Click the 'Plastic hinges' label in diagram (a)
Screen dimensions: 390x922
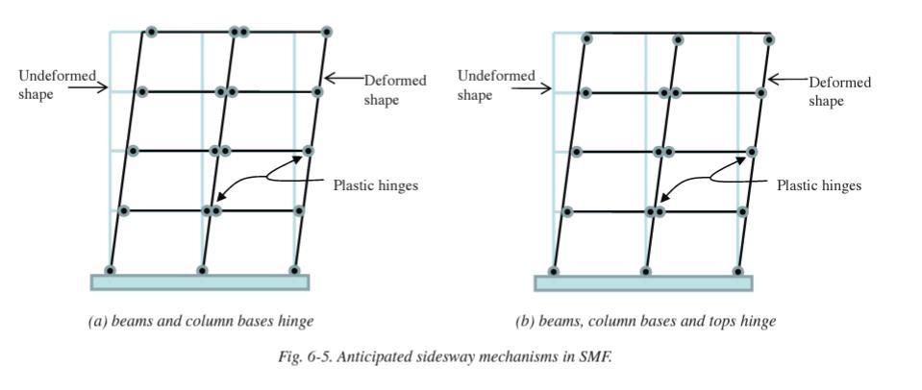tap(376, 185)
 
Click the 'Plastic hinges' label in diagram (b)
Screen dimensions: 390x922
tap(819, 185)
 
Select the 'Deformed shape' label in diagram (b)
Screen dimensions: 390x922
tap(839, 91)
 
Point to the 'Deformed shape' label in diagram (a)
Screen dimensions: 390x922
tap(395, 90)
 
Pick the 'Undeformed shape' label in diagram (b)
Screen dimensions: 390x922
tap(496, 85)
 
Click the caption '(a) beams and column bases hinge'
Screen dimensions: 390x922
tap(201, 321)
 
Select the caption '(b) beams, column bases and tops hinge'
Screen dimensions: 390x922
tap(645, 321)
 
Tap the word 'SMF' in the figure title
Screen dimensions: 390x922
tap(598, 357)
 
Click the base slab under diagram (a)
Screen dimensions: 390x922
tap(200, 281)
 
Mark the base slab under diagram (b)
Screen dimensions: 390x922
tap(643, 282)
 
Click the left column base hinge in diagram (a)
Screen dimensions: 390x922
tap(111, 270)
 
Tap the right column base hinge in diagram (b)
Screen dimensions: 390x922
tap(737, 271)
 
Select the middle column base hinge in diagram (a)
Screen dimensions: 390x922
tap(202, 270)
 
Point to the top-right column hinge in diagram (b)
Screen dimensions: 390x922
tap(769, 39)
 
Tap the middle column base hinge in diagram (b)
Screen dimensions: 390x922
tap(645, 271)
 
